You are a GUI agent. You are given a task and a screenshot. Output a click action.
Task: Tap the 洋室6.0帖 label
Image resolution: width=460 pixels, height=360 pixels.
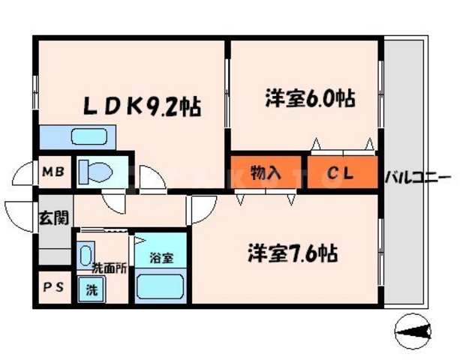coord(309,97)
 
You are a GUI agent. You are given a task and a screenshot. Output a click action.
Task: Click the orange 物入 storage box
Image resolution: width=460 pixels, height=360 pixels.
coord(266,173)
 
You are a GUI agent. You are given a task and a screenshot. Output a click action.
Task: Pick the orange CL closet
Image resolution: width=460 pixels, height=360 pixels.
coord(341,173)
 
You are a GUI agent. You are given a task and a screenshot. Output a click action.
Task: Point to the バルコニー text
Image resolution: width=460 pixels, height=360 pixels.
coord(417,178)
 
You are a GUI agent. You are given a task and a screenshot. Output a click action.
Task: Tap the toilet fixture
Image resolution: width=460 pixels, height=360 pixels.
coord(94,172)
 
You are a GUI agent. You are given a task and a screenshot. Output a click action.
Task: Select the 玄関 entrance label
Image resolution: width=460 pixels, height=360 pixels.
coord(53,218)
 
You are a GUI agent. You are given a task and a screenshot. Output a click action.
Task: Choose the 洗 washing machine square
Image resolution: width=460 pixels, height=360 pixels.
coord(90,288)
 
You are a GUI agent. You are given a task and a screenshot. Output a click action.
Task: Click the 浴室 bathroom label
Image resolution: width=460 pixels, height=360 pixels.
coord(161,258)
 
